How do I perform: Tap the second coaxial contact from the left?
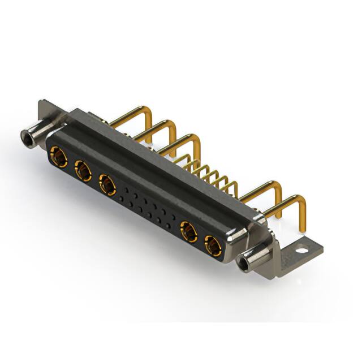point(83,170)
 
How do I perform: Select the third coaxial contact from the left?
point(107,184)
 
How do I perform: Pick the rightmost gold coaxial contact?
point(213,247)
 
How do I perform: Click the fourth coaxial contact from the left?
point(188,232)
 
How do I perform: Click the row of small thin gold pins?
point(209,173)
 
